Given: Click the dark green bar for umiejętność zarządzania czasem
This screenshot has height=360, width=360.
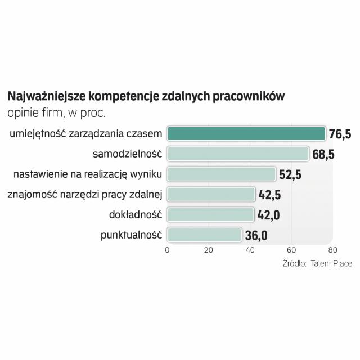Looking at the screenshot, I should [246, 133].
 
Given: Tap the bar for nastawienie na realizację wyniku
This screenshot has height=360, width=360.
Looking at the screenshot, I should [222, 174].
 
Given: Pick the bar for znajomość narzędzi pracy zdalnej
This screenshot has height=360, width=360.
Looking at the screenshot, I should [211, 195].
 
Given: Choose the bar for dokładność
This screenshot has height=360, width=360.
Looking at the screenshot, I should [210, 215].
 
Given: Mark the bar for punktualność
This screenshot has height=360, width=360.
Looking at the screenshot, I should [204, 235].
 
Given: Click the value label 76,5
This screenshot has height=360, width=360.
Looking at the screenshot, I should [340, 134].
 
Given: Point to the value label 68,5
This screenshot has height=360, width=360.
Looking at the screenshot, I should [323, 154].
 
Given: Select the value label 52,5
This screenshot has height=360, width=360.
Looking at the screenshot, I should [290, 174].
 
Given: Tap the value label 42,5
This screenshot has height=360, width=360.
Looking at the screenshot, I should [269, 195].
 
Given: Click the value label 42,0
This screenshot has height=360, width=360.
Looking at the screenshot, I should [268, 215].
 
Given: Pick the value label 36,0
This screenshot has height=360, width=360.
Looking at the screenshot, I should [256, 235].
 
